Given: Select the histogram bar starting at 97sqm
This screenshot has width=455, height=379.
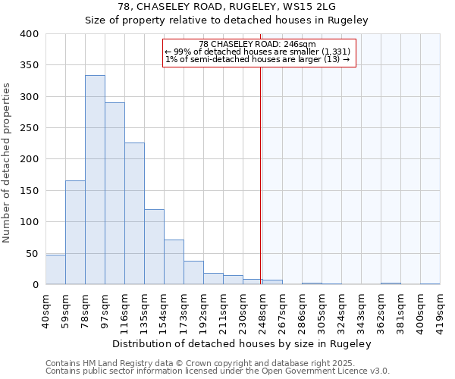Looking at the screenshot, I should pos(115,194).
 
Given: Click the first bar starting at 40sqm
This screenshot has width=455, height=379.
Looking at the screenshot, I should pos(55,270).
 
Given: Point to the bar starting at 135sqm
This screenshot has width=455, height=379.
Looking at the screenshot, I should pos(154,247).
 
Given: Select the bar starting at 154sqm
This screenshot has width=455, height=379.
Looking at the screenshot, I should pos(174,262).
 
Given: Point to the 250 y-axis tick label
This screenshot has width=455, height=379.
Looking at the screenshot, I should pos(29,128).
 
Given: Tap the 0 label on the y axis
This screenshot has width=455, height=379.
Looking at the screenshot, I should pos(35,285).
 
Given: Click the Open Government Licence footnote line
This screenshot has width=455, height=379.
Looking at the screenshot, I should pos(218,371).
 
